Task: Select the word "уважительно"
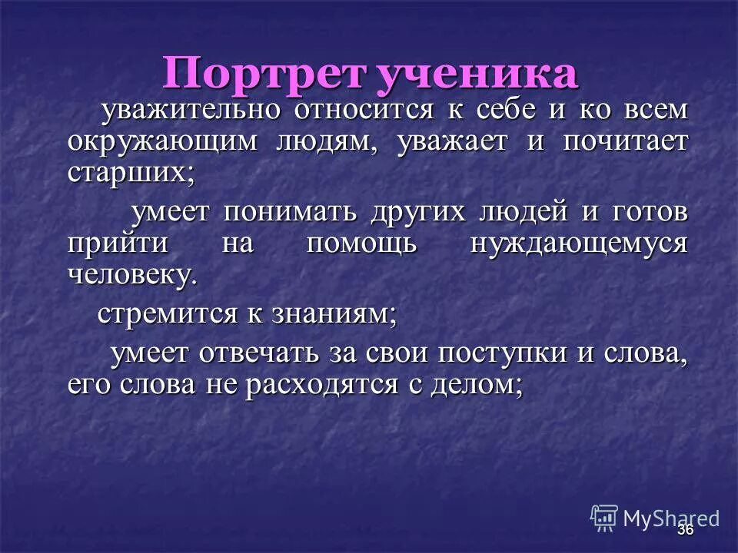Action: (x=191, y=110)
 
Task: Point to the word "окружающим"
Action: (x=153, y=144)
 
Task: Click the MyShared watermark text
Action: (x=670, y=518)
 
